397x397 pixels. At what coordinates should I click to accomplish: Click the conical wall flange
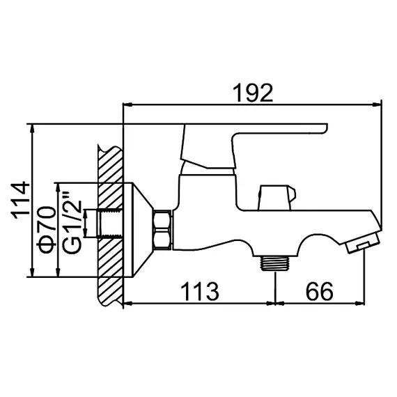click(x=139, y=231)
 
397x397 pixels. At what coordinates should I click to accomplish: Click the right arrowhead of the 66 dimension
click(x=364, y=302)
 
